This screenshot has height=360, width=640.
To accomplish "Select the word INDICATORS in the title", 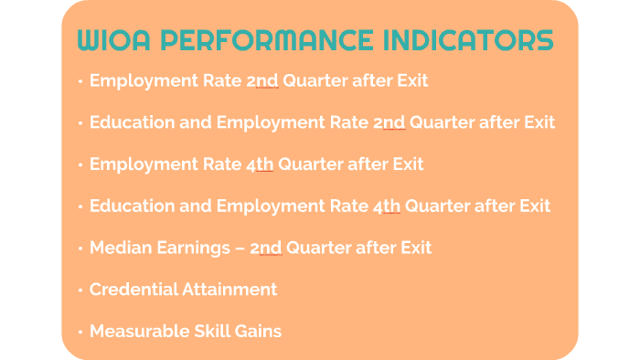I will [468, 42].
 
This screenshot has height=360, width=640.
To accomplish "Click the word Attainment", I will [233, 290].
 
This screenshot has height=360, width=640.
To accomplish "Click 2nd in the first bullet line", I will [262, 80].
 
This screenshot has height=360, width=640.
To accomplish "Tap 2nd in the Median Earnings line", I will [265, 248].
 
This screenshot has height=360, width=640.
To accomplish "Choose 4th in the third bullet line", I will [260, 164].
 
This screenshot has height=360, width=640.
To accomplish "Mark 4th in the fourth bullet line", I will [387, 206].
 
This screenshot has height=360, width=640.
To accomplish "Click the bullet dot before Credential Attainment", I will [80, 291].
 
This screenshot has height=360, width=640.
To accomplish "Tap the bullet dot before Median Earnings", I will [80, 249].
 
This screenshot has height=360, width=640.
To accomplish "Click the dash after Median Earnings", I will [240, 249].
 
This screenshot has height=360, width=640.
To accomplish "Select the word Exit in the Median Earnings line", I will [414, 248].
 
